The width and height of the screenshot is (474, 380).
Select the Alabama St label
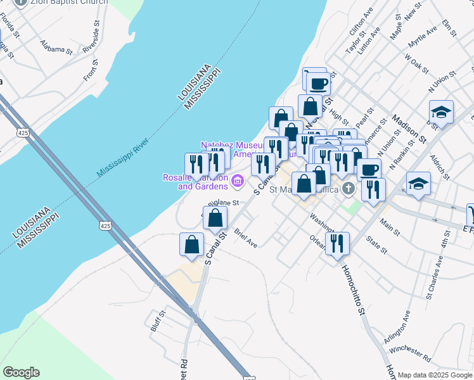click(x=56, y=49)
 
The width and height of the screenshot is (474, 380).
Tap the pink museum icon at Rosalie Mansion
click(x=238, y=182)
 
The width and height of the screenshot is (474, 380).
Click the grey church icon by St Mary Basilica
click(x=348, y=188)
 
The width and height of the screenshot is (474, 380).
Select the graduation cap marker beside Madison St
click(x=441, y=113)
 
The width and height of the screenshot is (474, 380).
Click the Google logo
click(x=21, y=372)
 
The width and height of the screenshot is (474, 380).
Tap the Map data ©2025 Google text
click(x=435, y=375)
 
